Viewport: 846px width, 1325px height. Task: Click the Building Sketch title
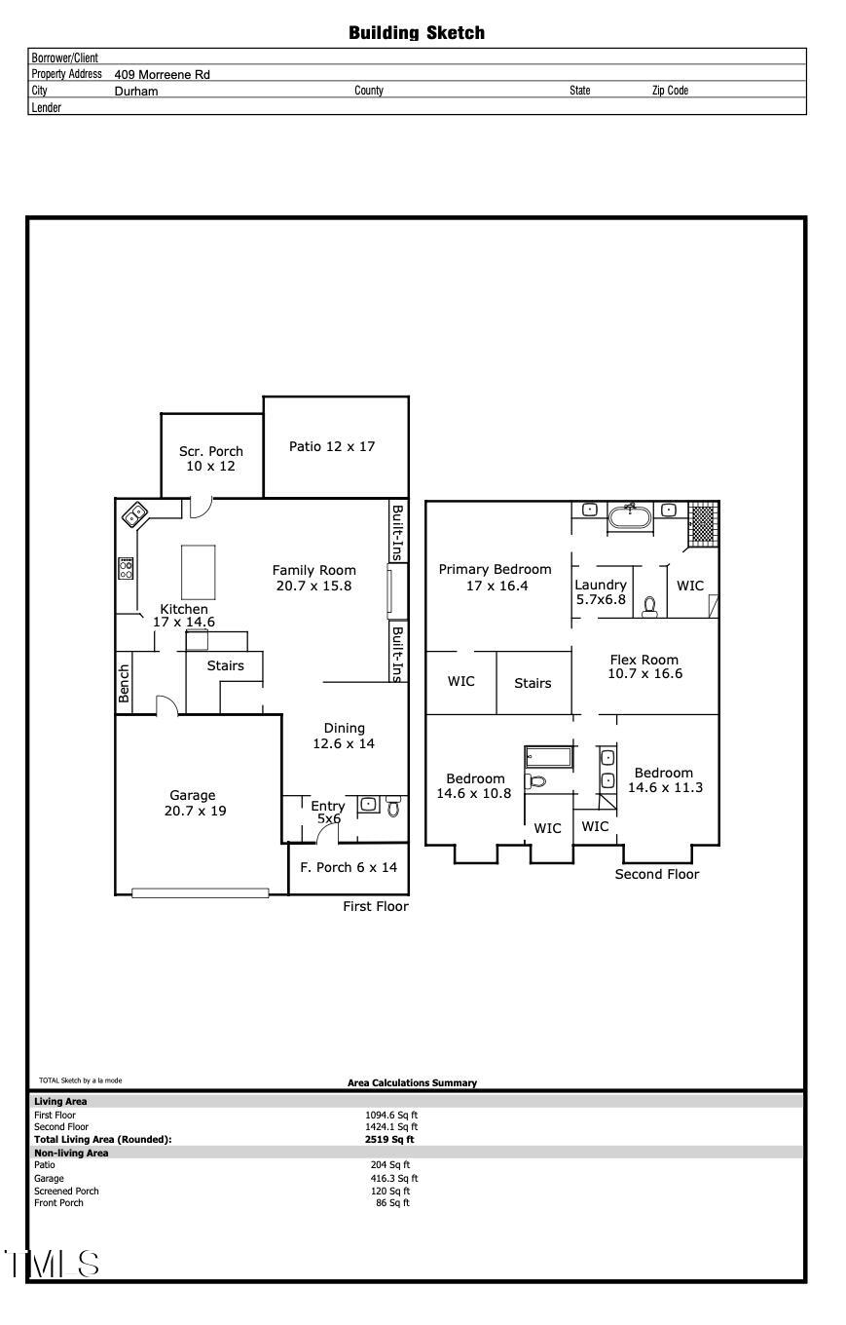(x=417, y=33)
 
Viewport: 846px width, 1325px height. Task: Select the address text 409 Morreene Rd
(x=162, y=74)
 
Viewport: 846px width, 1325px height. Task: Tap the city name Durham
(x=135, y=91)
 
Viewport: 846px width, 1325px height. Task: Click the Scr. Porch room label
(x=211, y=458)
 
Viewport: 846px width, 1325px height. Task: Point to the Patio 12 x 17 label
(x=332, y=446)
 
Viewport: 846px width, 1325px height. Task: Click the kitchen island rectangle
(x=198, y=572)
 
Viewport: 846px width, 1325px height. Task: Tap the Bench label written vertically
(x=124, y=683)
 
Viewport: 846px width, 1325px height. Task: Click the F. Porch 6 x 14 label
(x=348, y=867)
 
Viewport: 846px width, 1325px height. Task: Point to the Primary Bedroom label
(x=495, y=577)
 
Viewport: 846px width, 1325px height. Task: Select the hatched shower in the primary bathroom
(x=702, y=522)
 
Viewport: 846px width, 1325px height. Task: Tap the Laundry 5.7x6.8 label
(x=601, y=592)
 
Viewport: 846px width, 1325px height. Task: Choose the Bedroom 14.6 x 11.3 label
(x=664, y=780)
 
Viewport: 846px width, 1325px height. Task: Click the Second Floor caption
(x=656, y=874)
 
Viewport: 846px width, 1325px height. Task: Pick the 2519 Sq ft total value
(x=389, y=1139)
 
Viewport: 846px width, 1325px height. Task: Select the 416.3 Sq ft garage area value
(x=393, y=1178)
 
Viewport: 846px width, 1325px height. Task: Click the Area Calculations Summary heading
(x=412, y=1082)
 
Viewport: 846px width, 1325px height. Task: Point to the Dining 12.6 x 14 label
(x=344, y=736)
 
